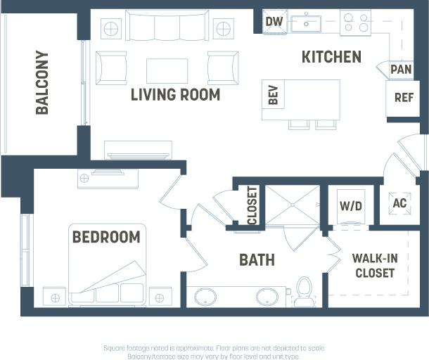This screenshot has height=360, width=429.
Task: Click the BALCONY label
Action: tap(42, 82)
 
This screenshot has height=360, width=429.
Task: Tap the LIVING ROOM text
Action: tap(175, 94)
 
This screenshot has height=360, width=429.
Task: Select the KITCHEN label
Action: tap(331, 57)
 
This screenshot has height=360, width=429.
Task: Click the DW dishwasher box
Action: tap(274, 22)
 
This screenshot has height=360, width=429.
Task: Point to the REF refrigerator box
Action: tap(404, 98)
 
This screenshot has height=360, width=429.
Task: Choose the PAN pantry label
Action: tap(401, 70)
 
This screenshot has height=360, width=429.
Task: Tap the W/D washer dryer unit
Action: tap(350, 206)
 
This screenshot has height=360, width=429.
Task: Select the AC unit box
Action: tap(399, 203)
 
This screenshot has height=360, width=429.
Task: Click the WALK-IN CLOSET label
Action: tap(374, 266)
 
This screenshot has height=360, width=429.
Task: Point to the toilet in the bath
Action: tap(305, 291)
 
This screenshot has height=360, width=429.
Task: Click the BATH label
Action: tap(257, 260)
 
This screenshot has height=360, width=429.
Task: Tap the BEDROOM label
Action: tap(106, 237)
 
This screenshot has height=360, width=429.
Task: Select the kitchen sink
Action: tap(307, 22)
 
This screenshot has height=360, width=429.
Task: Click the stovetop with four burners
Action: tap(355, 22)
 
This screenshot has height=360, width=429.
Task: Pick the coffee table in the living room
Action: tap(167, 70)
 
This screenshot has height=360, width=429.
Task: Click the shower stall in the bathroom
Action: tap(291, 205)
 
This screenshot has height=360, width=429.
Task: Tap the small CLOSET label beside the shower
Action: tap(252, 205)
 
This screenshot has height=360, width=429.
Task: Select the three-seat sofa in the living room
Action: tap(167, 28)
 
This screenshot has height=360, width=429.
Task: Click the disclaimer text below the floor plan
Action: tap(214, 352)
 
